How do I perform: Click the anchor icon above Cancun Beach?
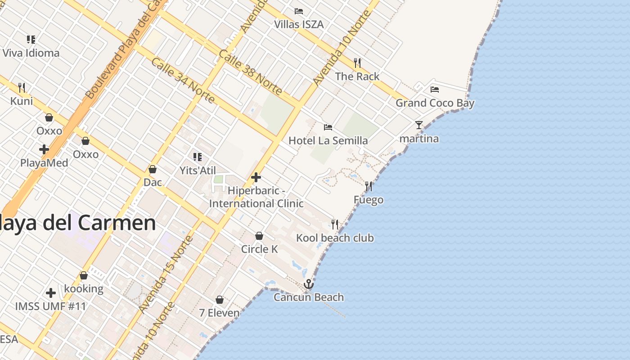(308, 284)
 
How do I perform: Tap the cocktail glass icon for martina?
(419, 125)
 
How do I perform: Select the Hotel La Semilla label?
(328, 140)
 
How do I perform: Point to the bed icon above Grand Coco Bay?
(434, 89)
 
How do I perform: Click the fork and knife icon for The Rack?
(357, 63)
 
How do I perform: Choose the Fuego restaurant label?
(369, 199)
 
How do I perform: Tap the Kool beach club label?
(335, 238)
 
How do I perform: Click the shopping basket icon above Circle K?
(259, 236)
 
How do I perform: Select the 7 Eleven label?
(219, 312)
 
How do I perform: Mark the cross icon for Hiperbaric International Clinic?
(256, 177)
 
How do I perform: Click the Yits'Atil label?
(198, 171)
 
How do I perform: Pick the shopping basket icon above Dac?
(153, 169)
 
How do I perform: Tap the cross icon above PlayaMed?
(44, 149)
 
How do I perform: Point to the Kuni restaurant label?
(22, 101)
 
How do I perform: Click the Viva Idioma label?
(31, 53)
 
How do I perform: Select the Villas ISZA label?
(299, 24)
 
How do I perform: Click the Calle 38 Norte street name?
(250, 72)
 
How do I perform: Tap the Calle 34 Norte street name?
(182, 80)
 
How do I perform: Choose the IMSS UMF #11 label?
(50, 306)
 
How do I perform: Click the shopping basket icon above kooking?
(84, 275)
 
